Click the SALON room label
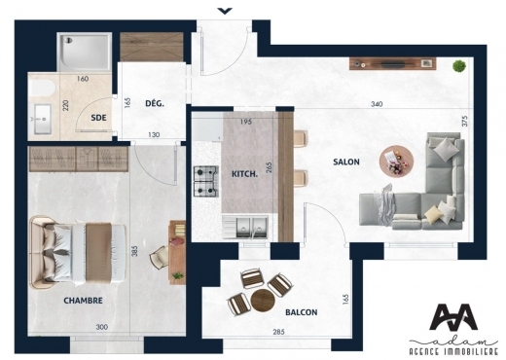[x=346, y=162]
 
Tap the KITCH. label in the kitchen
[x=244, y=174]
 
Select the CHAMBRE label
[x=83, y=301]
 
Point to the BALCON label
[x=302, y=312]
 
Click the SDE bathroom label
[x=98, y=118]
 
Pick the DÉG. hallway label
[x=155, y=103]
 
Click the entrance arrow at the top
[x=225, y=11]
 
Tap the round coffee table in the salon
[x=396, y=162]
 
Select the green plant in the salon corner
[x=459, y=66]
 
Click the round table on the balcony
[x=263, y=300]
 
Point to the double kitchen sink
[x=245, y=227]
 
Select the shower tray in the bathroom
[x=85, y=52]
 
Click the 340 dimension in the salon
[x=377, y=104]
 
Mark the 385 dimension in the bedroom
[x=135, y=251]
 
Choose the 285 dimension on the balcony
[x=278, y=332]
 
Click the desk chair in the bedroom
[x=160, y=257]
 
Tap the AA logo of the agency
[x=453, y=317]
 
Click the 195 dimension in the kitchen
[x=246, y=122]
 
